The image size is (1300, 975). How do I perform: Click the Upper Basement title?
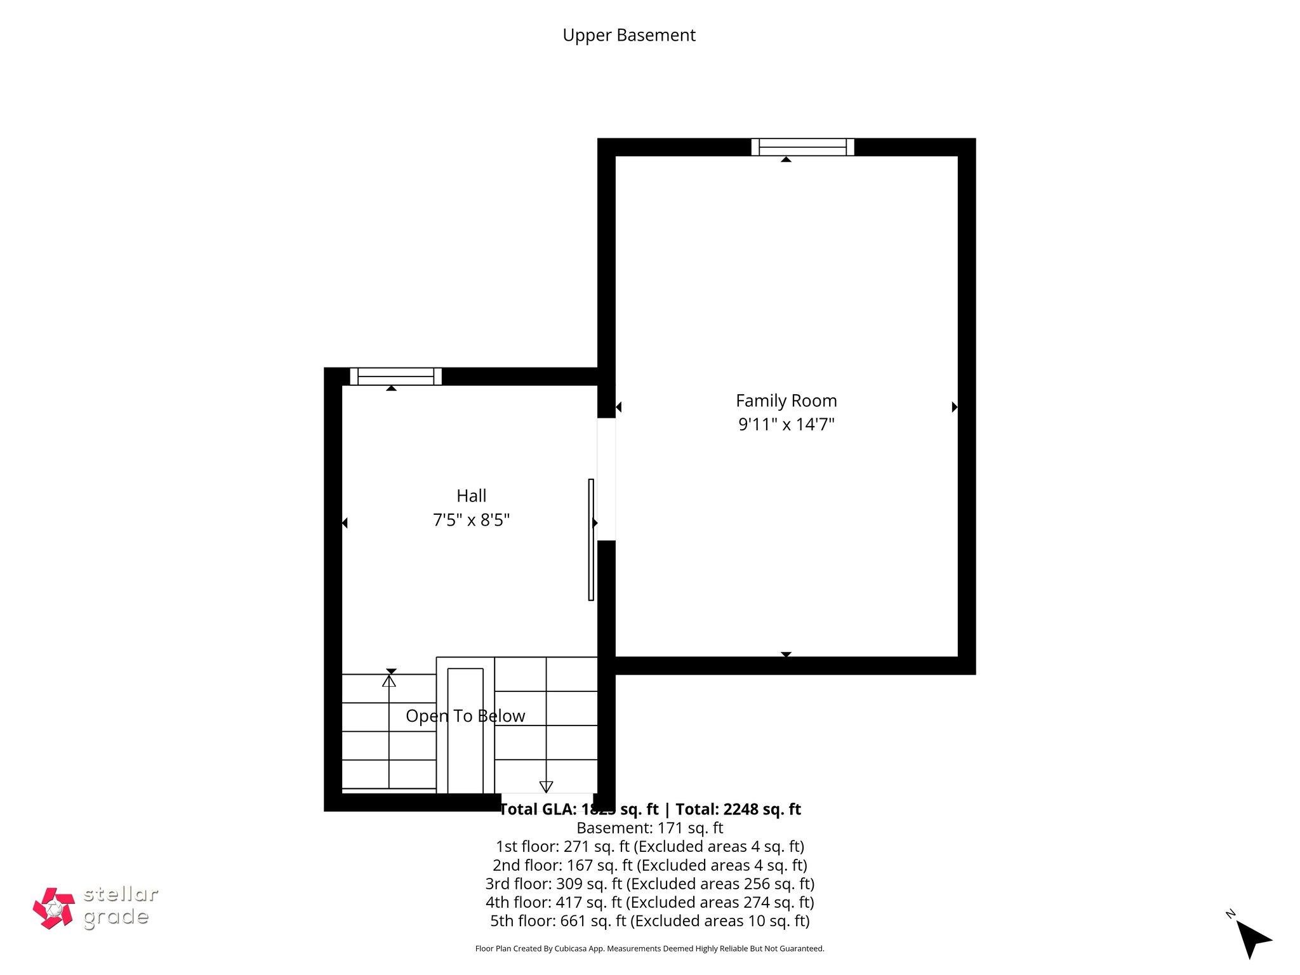point(628,35)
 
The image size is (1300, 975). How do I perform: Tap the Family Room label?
point(786,401)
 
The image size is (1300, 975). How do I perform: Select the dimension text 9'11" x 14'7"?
point(786,425)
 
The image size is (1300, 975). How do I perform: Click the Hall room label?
point(471,496)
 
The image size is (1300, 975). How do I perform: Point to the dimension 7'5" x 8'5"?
point(471,521)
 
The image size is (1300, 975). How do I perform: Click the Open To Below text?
point(465,716)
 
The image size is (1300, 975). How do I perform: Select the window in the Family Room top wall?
point(802,147)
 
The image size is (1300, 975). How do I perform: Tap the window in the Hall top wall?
point(395,376)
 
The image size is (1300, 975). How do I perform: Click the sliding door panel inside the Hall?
point(591,540)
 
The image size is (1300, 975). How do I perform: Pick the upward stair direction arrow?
point(389,680)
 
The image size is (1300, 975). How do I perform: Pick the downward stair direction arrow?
point(546,786)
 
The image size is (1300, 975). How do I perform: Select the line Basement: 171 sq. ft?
point(649,828)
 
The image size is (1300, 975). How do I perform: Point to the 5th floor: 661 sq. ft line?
point(649,920)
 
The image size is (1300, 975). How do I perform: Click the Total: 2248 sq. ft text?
point(738,809)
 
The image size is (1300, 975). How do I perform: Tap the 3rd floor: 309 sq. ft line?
point(649,884)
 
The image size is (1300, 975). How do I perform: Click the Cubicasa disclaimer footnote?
point(649,949)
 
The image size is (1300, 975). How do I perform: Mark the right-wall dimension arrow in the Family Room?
point(954,407)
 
